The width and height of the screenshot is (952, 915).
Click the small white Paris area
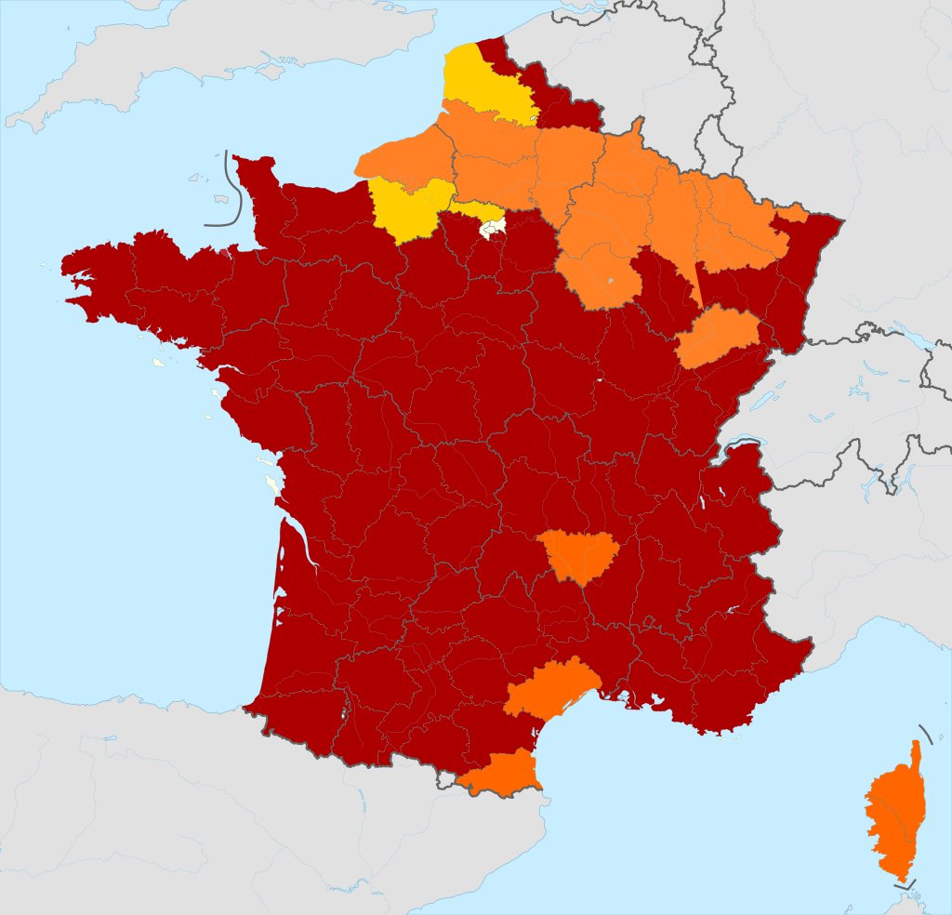click(492, 225)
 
